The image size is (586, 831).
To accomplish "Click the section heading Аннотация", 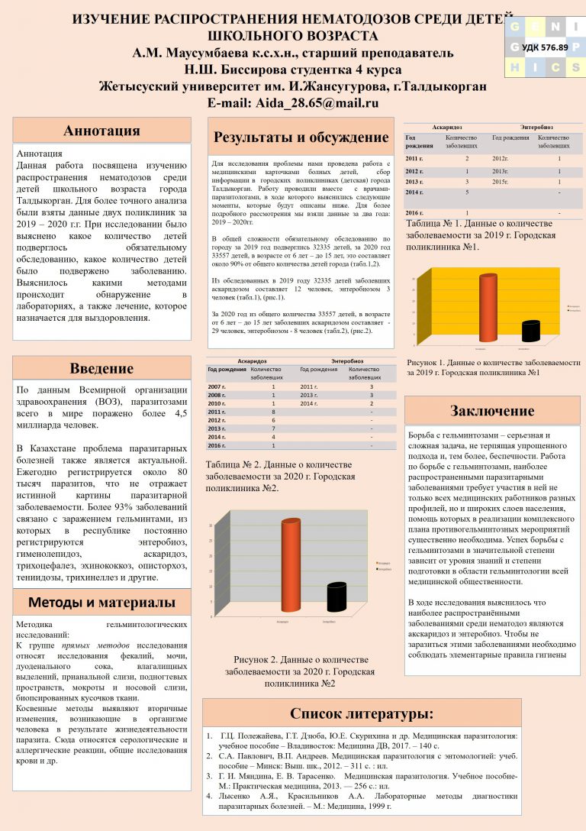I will [x=101, y=130].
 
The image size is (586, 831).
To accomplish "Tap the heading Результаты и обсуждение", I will [x=301, y=137].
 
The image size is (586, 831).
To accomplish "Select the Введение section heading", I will [x=101, y=368].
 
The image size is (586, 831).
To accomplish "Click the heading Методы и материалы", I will [x=101, y=602].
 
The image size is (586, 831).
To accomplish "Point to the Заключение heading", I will [x=491, y=411].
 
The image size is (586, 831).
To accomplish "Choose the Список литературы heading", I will [x=362, y=713].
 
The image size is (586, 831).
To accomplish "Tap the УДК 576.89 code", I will [x=545, y=47].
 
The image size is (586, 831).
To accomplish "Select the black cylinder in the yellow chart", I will [x=530, y=331].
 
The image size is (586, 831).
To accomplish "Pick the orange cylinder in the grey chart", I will [x=290, y=564].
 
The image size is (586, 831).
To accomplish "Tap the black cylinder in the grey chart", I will [x=336, y=597].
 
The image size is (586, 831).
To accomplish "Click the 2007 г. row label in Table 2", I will [x=217, y=387].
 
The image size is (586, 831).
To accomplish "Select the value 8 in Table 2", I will [x=273, y=412].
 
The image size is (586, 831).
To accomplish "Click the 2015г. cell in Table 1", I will [x=501, y=183].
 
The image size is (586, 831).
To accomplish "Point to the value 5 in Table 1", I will [x=467, y=193].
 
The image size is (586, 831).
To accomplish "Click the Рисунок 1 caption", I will [x=493, y=367].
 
